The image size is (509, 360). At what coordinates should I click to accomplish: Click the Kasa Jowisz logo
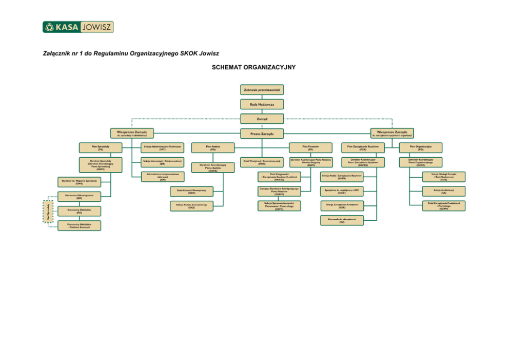(78, 27)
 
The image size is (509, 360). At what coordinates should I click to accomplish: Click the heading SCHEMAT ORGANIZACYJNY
(254, 67)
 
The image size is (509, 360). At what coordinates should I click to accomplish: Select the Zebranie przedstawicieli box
(262, 90)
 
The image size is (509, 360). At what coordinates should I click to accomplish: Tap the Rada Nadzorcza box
(262, 104)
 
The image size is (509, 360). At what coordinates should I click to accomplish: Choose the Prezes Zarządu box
(262, 134)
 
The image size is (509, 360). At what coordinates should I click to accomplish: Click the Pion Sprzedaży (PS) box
(101, 148)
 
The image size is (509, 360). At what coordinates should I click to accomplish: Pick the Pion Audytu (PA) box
(212, 148)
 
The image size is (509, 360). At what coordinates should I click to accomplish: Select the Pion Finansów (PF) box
(310, 148)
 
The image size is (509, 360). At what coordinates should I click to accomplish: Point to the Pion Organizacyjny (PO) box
(421, 148)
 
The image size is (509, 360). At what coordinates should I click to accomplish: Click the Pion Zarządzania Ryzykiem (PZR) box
(363, 148)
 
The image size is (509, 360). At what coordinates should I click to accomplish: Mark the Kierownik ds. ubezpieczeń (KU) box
(342, 220)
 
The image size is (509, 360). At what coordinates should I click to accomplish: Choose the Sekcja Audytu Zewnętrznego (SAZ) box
(191, 206)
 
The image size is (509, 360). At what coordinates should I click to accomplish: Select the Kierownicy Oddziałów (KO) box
(79, 211)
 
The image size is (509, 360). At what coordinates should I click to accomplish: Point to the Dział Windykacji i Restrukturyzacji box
(262, 162)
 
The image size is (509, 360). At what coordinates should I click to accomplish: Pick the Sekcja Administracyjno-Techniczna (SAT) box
(162, 148)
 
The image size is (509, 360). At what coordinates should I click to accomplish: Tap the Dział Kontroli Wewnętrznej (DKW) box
(191, 192)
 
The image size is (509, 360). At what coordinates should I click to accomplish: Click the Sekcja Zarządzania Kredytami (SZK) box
(342, 205)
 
